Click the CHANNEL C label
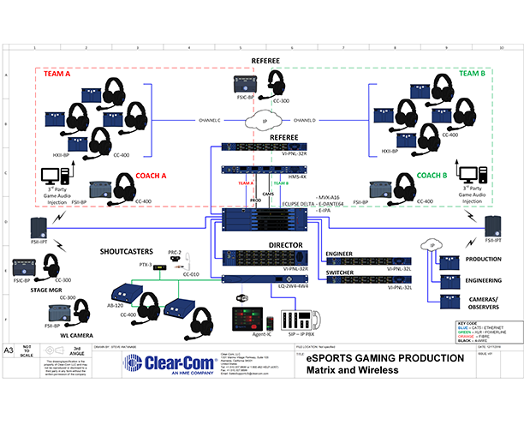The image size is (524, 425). click(x=208, y=121)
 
